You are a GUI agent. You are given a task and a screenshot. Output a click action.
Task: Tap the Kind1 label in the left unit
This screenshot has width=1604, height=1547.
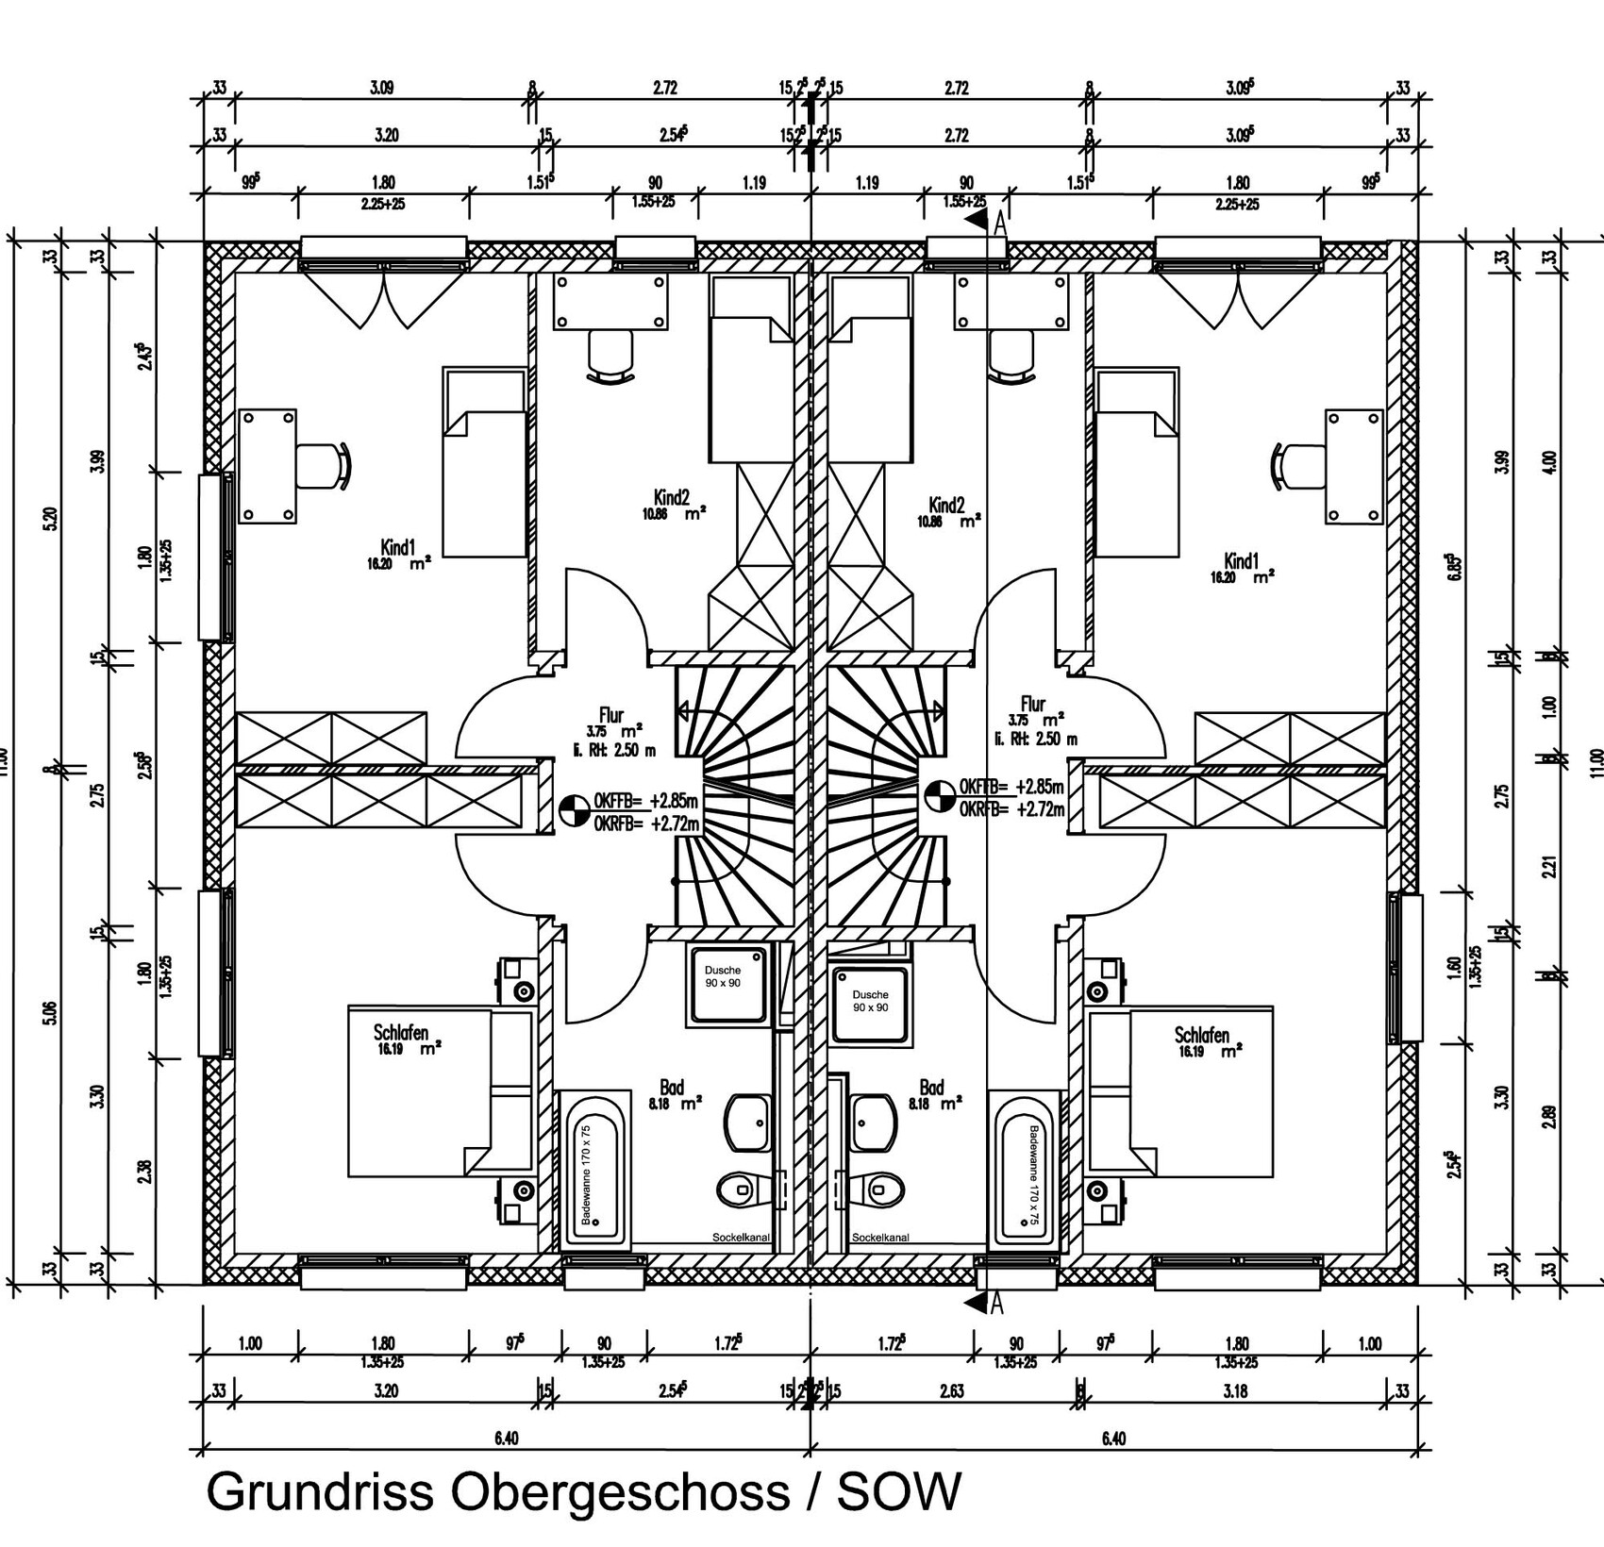point(397,547)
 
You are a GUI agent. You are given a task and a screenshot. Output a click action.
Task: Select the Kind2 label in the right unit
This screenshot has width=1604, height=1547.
point(945,505)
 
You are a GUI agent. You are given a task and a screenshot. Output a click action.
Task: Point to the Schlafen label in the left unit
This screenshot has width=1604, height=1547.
point(401,1033)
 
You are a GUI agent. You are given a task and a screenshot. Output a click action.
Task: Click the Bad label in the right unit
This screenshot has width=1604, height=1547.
point(931,1088)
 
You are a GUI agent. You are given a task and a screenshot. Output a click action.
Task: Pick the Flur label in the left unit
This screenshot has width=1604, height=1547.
point(611,714)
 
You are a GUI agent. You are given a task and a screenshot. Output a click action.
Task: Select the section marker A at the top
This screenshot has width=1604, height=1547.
point(998,225)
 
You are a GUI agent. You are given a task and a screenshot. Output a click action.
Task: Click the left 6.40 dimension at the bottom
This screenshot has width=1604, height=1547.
point(506,1439)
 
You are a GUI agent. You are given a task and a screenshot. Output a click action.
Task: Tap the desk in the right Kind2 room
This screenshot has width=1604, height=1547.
point(1012,302)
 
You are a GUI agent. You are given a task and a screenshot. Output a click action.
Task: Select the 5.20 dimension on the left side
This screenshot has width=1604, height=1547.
point(51,518)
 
